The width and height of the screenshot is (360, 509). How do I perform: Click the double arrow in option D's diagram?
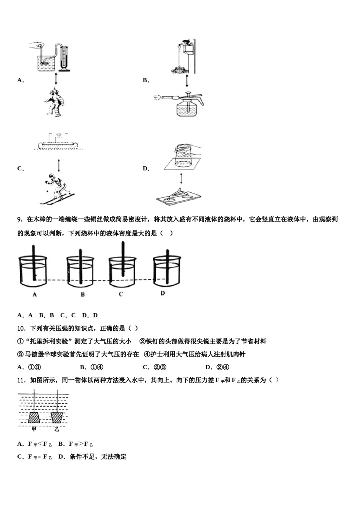click(181, 178)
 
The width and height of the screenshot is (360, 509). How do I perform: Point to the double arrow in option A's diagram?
click(56, 79)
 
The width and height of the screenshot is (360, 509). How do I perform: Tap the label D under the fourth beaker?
click(163, 293)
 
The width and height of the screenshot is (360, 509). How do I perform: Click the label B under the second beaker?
click(82, 294)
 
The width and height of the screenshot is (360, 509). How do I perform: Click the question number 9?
click(20, 219)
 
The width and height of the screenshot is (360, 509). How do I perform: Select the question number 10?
click(22, 328)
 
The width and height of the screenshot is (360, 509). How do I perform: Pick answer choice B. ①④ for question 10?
click(92, 367)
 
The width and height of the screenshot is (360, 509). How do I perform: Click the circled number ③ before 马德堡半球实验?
click(20, 354)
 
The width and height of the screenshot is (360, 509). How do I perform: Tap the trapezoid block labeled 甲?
click(34, 418)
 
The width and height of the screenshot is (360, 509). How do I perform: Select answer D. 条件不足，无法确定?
click(92, 457)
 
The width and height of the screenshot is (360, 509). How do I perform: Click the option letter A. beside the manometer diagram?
click(20, 80)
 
